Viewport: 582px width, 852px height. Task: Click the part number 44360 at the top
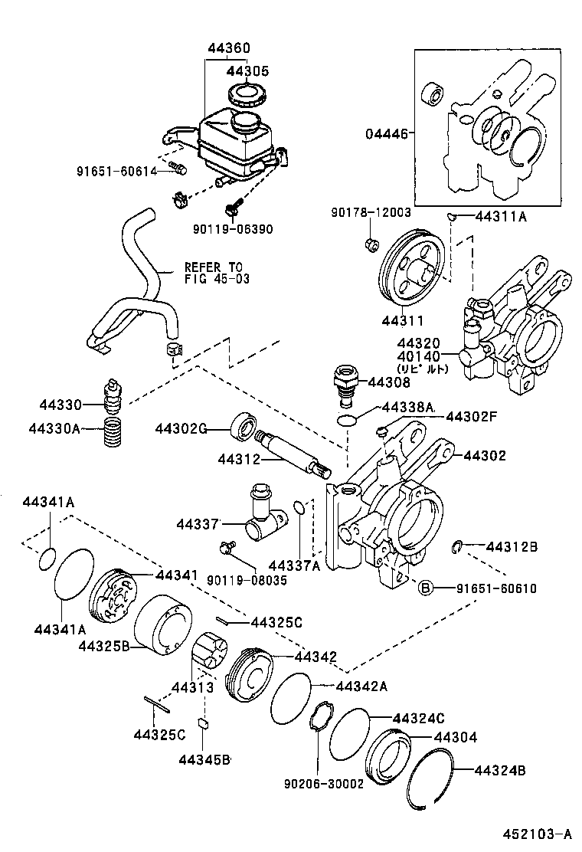tap(228, 48)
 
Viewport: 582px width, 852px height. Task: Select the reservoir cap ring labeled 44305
tap(247, 97)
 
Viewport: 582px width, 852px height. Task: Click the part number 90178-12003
tap(371, 212)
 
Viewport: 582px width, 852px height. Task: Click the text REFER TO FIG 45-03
tap(217, 273)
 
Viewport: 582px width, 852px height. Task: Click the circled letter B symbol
tap(425, 588)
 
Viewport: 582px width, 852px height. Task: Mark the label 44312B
tap(512, 546)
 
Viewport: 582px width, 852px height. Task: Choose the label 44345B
tap(204, 759)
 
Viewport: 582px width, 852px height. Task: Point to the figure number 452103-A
tap(537, 834)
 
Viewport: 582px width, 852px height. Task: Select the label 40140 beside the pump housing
tap(418, 356)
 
